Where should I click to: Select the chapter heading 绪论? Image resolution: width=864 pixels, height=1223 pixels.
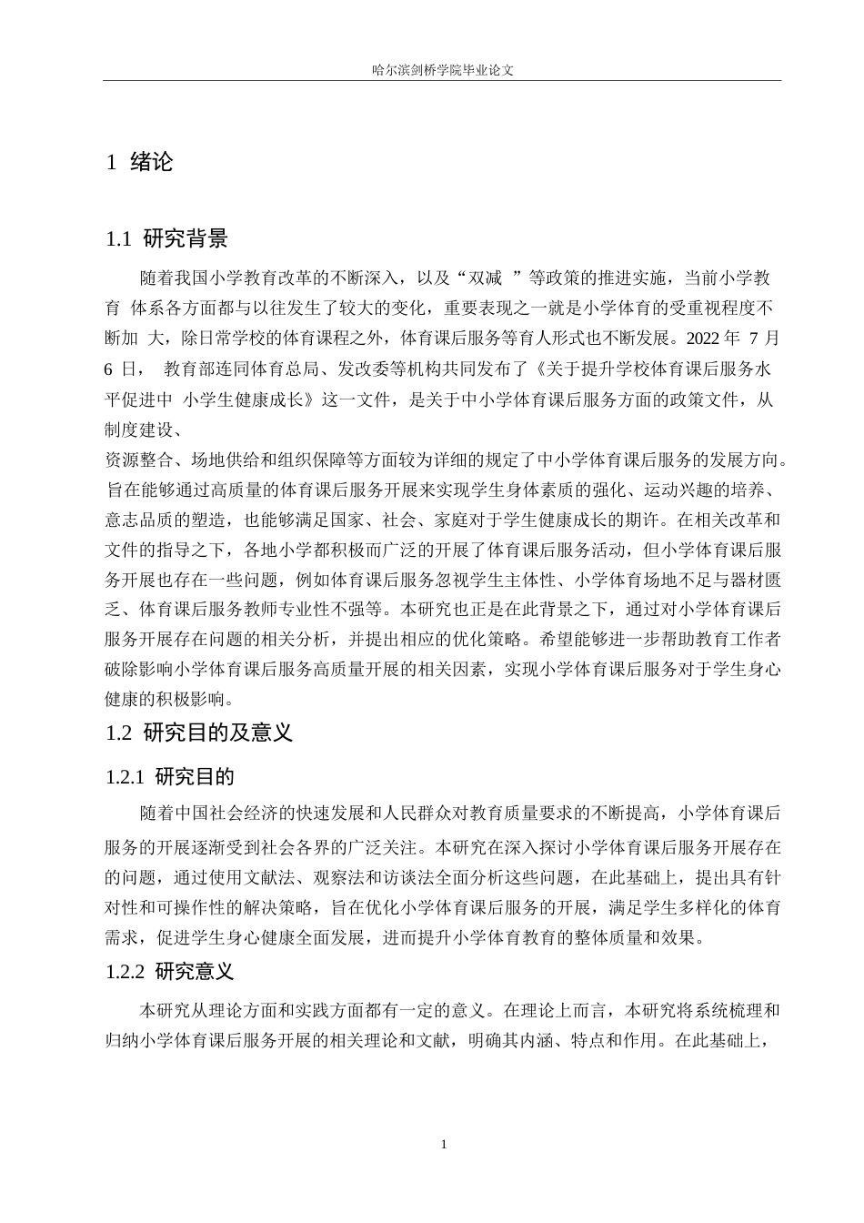pyautogui.click(x=151, y=163)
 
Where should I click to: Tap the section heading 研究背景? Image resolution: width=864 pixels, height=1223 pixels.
pyautogui.click(x=186, y=239)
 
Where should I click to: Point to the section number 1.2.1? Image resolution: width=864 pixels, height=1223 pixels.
pyautogui.click(x=126, y=777)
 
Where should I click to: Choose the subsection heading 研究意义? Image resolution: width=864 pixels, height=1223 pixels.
pyautogui.click(x=195, y=972)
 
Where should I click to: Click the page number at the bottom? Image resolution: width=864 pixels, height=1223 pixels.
pyautogui.click(x=443, y=1144)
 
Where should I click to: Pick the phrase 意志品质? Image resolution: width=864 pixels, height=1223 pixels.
pyautogui.click(x=138, y=521)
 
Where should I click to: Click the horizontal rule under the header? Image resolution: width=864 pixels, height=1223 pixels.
pyautogui.click(x=442, y=81)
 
